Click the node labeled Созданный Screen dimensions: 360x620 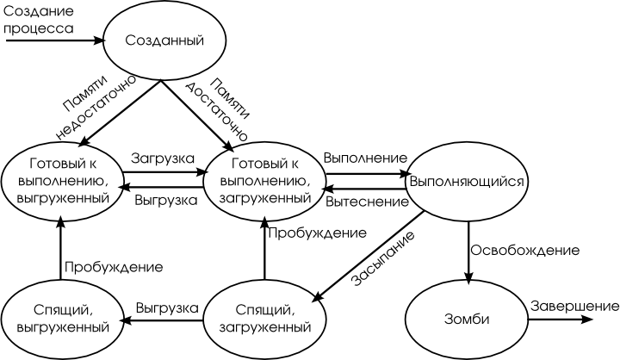(164, 40)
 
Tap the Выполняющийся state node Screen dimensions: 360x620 (468, 182)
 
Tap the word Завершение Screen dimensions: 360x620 (573, 307)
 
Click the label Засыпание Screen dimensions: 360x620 (382, 259)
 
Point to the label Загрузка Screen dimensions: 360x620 (162, 158)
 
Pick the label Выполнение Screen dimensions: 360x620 (365, 158)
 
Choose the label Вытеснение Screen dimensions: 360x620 (366, 202)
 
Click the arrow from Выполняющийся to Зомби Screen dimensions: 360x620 (468, 250)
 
